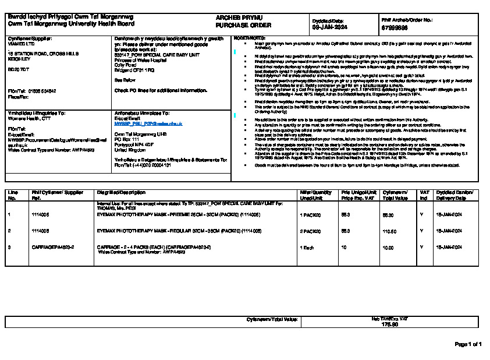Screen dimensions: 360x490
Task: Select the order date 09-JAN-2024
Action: pos(330,27)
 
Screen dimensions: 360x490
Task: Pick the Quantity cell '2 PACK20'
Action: pos(311,231)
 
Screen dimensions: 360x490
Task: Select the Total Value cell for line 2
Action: pos(389,231)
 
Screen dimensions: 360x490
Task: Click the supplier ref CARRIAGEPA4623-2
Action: pos(53,248)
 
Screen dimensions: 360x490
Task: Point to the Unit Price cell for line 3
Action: pos(343,248)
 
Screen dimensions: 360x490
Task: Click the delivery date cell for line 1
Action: pos(449,215)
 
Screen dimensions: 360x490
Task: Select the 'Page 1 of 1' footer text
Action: pos(468,344)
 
